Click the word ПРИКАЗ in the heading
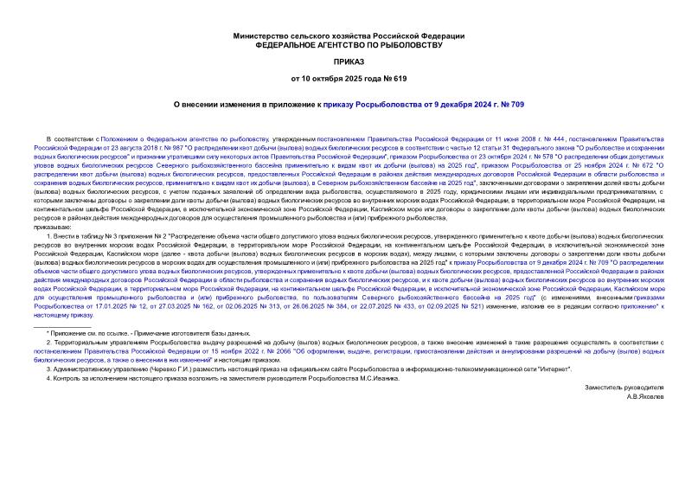349,62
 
